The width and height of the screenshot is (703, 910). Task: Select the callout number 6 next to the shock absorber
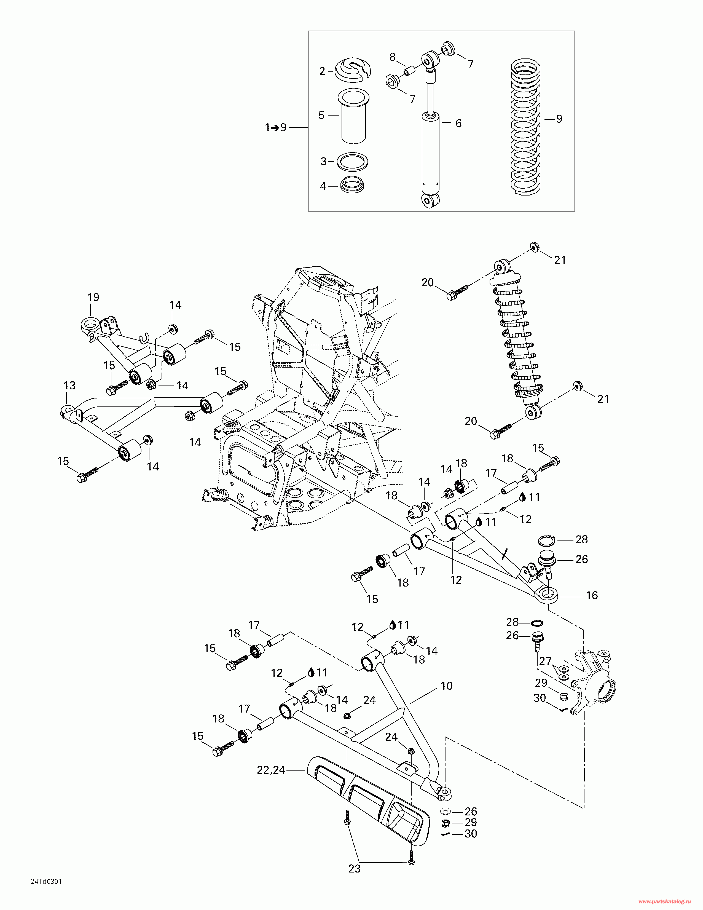458,123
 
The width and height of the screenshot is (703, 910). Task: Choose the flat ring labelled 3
352,162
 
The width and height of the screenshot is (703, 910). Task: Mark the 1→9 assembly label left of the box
276,127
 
